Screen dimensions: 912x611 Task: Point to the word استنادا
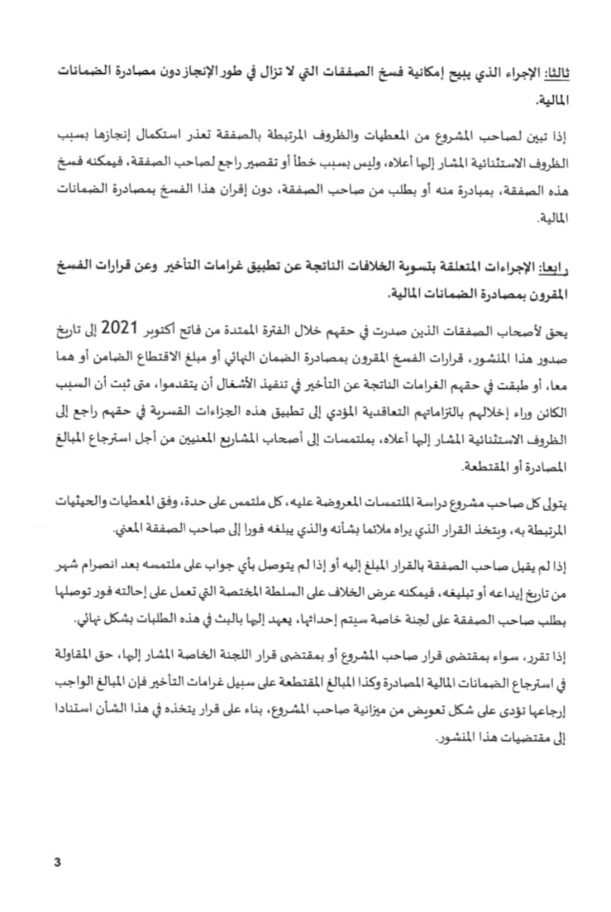click(x=65, y=714)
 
